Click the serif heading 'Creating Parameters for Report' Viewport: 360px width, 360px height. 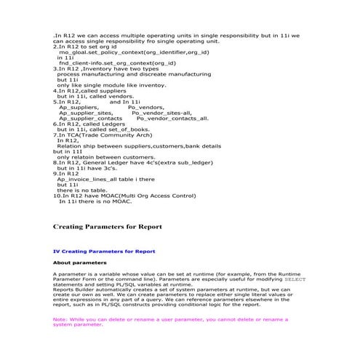[x=107, y=228]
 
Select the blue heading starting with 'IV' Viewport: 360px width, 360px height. [x=104, y=251]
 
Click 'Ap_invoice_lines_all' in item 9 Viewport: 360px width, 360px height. [x=87, y=179]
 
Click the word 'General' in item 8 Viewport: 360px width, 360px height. [x=109, y=162]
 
